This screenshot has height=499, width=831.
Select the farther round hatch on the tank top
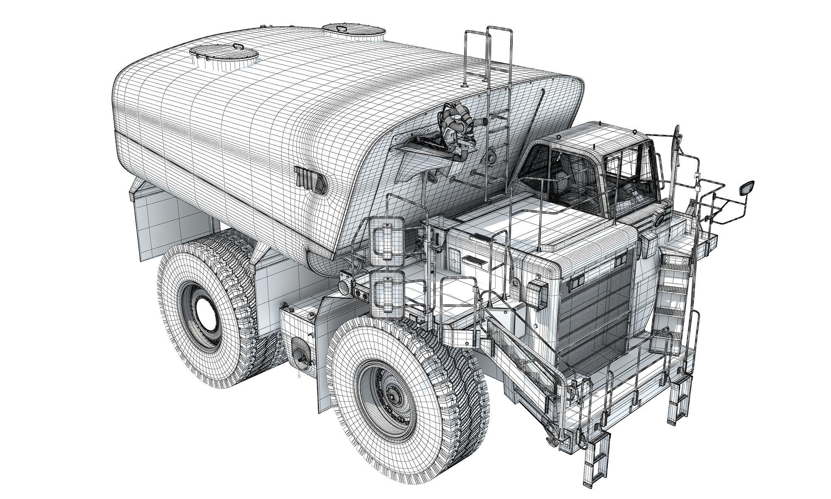pos(353,31)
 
